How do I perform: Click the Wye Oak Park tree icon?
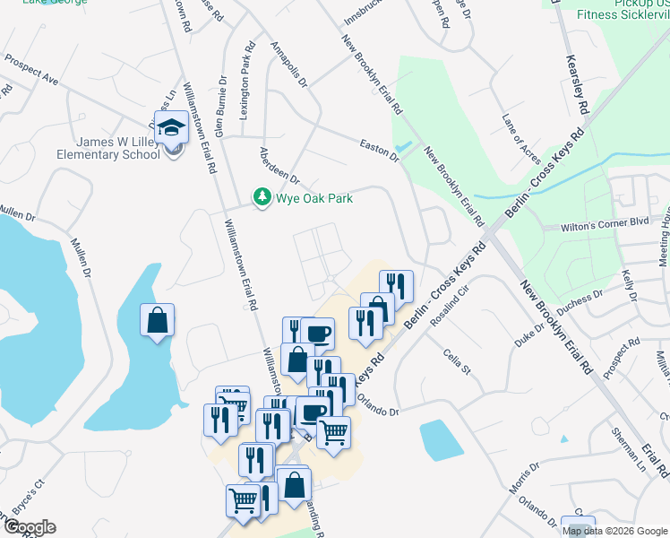(262, 197)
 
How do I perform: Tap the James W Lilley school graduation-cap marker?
(170, 127)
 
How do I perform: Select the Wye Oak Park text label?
(314, 198)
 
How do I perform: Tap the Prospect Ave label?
(31, 70)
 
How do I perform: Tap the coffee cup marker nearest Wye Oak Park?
(317, 334)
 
